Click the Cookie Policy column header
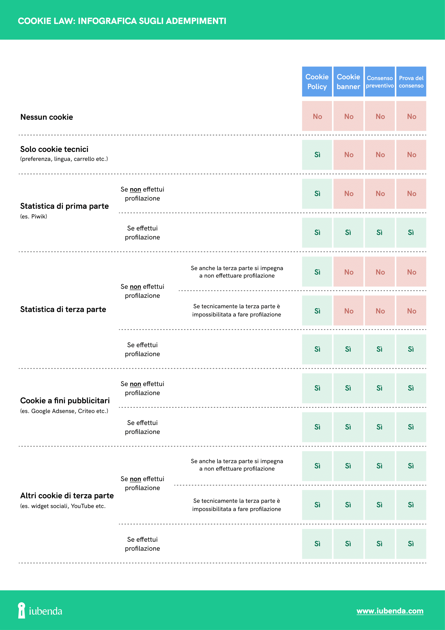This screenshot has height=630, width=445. click(x=317, y=82)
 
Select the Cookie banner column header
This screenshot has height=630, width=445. click(x=348, y=82)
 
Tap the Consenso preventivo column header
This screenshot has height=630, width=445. click(x=380, y=82)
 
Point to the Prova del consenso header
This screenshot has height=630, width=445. click(x=411, y=82)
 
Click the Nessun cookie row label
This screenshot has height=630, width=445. click(x=47, y=117)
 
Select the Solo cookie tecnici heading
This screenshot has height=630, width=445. click(x=54, y=149)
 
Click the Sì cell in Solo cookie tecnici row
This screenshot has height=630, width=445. click(x=317, y=155)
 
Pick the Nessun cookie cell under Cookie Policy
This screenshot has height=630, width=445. click(x=317, y=116)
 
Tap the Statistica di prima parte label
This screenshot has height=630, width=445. click(x=64, y=206)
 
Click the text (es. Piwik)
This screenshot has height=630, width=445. click(x=33, y=217)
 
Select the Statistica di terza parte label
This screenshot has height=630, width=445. click(x=63, y=309)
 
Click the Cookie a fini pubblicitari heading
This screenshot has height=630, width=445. click(x=65, y=401)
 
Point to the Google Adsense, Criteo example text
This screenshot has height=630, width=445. click(x=64, y=411)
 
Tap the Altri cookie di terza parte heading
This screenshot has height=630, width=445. click(x=67, y=496)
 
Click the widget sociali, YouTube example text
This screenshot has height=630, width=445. click(x=63, y=506)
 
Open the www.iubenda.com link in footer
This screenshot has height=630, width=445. click(x=390, y=611)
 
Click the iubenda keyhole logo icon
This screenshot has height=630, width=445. click(x=21, y=610)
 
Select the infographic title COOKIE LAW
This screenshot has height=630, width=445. click(x=122, y=21)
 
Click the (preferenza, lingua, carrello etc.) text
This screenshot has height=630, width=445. click(x=64, y=159)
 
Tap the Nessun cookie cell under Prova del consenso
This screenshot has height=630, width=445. click(x=411, y=116)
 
